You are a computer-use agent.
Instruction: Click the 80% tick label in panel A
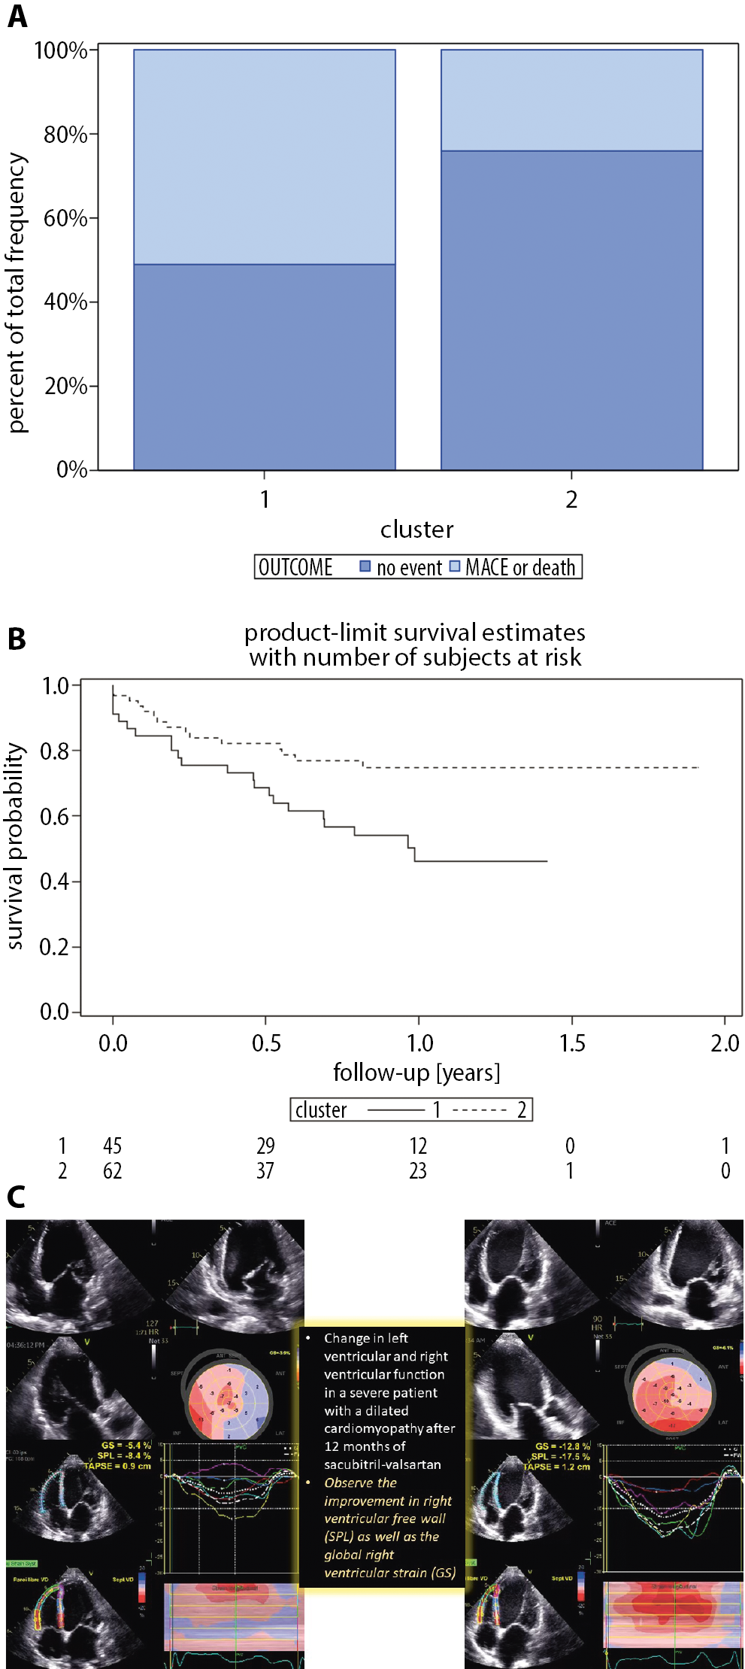point(65,135)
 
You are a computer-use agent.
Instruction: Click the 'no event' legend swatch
point(365,566)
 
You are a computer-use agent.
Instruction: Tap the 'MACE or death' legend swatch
point(455,566)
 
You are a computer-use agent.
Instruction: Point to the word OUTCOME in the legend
point(295,567)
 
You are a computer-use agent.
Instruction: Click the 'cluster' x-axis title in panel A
point(416,530)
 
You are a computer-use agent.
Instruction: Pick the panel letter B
point(17,639)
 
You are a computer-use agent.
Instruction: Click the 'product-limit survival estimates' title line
point(414,633)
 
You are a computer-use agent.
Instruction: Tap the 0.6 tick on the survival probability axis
point(55,816)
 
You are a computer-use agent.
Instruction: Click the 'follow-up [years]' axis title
point(416,1072)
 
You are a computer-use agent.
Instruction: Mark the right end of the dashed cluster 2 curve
point(698,767)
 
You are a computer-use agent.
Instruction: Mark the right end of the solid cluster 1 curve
point(547,861)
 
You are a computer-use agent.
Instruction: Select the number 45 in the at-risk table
point(113,1146)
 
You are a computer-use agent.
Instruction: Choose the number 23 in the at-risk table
point(418,1170)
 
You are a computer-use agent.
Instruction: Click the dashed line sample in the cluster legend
point(480,1110)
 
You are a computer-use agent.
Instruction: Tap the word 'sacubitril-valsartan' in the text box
point(383,1464)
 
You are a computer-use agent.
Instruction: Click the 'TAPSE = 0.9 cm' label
point(117,1466)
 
